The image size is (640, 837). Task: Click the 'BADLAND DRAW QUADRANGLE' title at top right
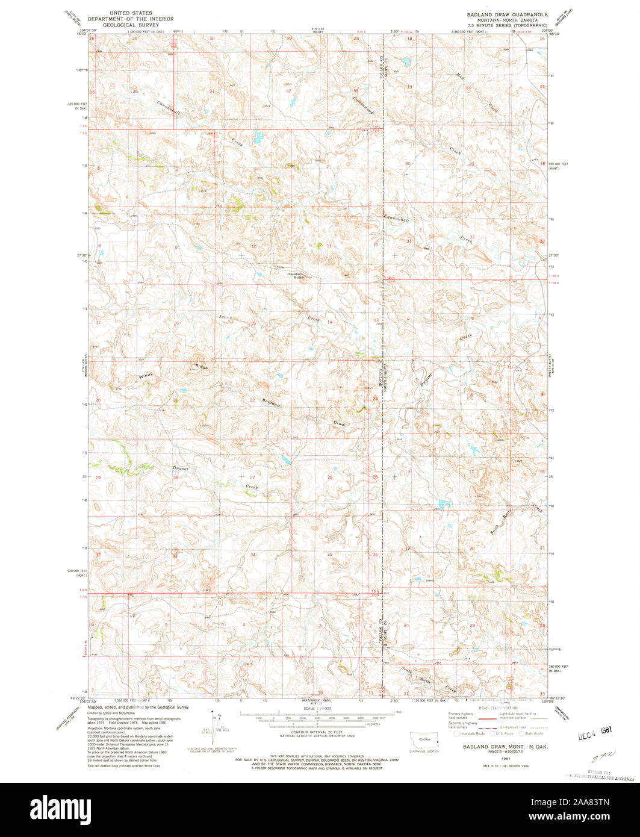[507, 13]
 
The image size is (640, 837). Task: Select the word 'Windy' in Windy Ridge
[146, 375]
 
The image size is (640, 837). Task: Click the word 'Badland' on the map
[271, 403]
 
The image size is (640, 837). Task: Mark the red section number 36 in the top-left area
[135, 91]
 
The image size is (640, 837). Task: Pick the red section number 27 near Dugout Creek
[253, 477]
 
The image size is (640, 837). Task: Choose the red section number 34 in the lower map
[253, 554]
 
